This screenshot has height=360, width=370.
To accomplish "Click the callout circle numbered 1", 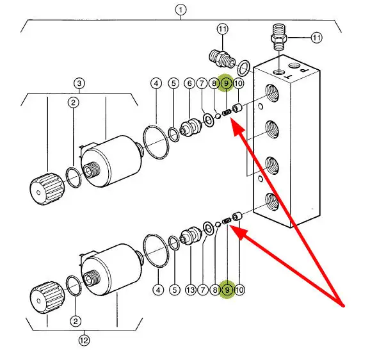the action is (x=181, y=10).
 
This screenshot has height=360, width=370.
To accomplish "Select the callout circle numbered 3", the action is (x=79, y=83).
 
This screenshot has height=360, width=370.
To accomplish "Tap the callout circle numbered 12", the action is (x=84, y=340).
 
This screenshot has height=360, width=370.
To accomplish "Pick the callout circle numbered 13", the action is (x=190, y=290).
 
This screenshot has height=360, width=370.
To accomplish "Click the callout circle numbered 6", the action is (x=189, y=83).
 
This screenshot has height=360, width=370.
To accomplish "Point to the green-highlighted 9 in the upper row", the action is (x=226, y=83).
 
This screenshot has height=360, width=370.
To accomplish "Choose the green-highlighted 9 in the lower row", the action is (x=227, y=290).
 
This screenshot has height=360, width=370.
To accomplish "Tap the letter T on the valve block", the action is (x=288, y=76).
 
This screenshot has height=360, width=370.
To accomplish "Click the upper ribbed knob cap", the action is (x=47, y=188).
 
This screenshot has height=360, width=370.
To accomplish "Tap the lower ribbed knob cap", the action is (x=47, y=298).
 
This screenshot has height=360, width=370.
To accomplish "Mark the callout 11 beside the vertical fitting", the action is (x=316, y=38).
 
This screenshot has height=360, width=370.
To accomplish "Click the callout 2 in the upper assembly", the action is (x=73, y=102).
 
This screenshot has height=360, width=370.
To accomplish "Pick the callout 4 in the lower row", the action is (x=158, y=290).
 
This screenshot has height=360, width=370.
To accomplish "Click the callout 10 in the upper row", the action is (x=238, y=83).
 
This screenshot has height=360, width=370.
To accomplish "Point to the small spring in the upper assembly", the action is (x=227, y=113).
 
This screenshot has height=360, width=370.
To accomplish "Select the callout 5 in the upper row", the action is (x=173, y=83).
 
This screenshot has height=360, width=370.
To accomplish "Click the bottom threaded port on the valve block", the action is (x=272, y=201).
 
